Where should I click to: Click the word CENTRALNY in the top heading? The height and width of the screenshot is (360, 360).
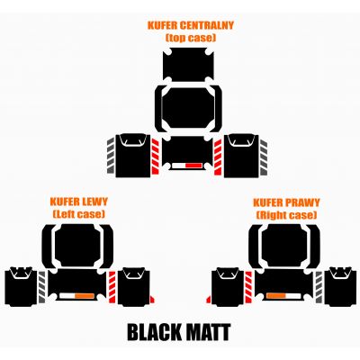click(207, 25)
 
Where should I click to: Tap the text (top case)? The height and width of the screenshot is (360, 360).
click(191, 38)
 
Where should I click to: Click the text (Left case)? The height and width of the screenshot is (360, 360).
click(79, 214)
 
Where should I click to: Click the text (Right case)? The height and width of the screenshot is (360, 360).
click(286, 215)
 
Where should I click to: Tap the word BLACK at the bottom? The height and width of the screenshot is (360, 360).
click(154, 332)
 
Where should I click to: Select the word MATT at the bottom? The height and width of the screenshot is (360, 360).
click(209, 332)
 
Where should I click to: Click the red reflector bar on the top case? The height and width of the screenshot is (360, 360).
click(193, 166)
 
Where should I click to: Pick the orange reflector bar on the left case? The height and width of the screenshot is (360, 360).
click(85, 296)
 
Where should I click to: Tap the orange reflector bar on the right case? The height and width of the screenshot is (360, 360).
click(276, 296)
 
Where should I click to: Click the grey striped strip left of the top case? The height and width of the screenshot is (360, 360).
click(111, 156)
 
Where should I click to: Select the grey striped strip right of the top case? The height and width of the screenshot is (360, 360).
click(264, 157)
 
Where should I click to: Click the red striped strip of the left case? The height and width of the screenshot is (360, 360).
click(112, 287)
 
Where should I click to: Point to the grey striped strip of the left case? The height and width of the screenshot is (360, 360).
click(41, 287)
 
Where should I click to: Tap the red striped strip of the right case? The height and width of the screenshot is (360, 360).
click(248, 287)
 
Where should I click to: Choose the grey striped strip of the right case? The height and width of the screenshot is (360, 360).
click(319, 287)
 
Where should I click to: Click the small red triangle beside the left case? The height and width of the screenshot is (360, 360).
click(152, 299)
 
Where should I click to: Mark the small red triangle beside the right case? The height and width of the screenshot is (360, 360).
click(209, 300)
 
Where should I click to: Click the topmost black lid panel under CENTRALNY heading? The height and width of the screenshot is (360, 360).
click(188, 64)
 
